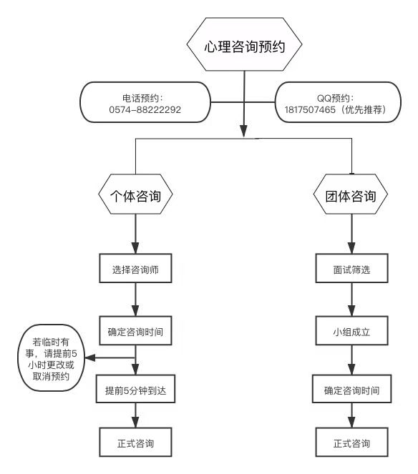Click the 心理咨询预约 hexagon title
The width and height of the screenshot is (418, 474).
coord(244,44)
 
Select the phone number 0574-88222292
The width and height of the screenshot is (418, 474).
coord(145,109)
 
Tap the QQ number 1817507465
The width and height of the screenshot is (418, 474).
coord(310,109)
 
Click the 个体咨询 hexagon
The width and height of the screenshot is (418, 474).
coord(135,194)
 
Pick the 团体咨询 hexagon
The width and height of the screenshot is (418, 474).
coord(351,194)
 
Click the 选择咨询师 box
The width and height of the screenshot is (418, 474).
coord(135,268)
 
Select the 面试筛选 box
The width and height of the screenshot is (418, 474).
coord(351,268)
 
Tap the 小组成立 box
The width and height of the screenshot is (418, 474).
coord(351,331)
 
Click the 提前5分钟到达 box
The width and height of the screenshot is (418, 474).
coord(135,389)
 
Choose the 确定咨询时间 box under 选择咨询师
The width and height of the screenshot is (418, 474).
coord(135,331)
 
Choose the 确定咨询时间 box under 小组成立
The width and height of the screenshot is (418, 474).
coord(351,389)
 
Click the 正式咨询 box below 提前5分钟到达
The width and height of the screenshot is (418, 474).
coord(135,442)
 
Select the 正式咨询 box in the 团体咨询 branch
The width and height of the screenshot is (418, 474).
coord(351,442)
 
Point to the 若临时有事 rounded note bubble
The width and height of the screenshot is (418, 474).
coord(51,358)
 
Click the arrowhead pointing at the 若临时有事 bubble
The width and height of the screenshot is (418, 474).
coord(90,358)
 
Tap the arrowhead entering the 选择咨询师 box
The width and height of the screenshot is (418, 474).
coord(135,248)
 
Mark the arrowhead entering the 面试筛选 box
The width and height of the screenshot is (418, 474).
coord(351,248)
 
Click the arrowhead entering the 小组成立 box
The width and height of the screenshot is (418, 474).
coord(351,310)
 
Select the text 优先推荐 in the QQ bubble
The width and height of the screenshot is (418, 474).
coord(364,109)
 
